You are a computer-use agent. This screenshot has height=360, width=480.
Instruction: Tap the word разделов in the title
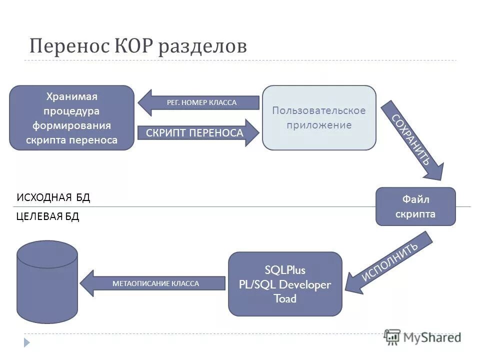pos(202,47)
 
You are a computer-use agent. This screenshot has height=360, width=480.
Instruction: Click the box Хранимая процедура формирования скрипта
pos(72,118)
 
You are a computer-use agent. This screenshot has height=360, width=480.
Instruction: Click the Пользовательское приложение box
pos(319,118)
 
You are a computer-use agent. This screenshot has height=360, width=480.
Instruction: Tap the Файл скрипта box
pos(415,206)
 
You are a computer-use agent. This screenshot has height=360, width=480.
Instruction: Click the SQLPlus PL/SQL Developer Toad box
pos(285,284)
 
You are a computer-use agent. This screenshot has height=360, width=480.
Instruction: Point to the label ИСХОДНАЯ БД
pos(53,197)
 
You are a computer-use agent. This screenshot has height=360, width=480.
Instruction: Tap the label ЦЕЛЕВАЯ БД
pos(48,217)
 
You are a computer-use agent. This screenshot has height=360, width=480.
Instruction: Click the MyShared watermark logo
pos(423,337)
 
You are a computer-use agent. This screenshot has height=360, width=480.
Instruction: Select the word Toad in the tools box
pos(285,299)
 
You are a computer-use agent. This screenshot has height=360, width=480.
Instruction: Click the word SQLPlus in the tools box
pos(285,270)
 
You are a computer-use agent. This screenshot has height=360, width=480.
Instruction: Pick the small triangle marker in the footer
pos(27,342)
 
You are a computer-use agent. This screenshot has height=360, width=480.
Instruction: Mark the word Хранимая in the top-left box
pos(71,96)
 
